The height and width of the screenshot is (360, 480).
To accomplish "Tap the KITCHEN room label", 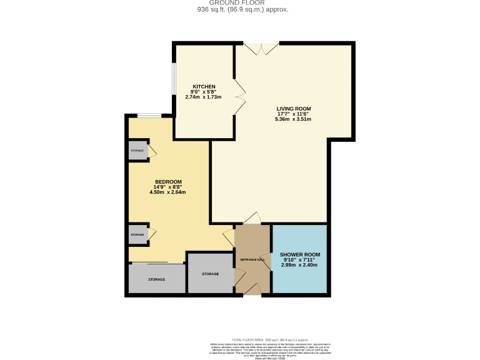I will pos(204,86).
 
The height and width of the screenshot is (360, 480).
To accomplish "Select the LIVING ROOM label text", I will pos(294,108).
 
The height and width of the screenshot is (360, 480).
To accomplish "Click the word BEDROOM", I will pos(168,182).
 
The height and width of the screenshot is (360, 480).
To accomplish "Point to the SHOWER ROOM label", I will pos(300,254).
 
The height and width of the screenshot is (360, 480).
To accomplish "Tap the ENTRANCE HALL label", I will pos(252,259).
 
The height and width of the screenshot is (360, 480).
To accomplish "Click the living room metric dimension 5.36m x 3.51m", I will pos(294,119).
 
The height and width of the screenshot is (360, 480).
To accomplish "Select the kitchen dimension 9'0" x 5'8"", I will pos(204,92).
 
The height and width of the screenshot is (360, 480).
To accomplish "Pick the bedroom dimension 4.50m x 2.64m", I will pos(168,192).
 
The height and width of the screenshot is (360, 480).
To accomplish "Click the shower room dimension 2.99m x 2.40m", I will pos(300,265).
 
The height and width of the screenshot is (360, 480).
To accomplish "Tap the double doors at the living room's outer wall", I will pos(261,47).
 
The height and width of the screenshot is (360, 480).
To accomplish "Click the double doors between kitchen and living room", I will pos(239,97).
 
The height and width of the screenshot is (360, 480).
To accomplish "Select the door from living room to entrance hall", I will pos(252,218).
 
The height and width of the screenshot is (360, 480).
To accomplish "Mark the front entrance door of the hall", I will pos(252,289).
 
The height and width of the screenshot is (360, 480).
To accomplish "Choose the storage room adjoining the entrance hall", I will pos(211,274).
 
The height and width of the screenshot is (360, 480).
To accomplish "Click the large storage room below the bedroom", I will pos(157,279).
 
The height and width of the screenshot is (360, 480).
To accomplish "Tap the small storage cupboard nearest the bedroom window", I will pos(137,151).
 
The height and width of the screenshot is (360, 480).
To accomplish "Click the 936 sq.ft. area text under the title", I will pos(243,9).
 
